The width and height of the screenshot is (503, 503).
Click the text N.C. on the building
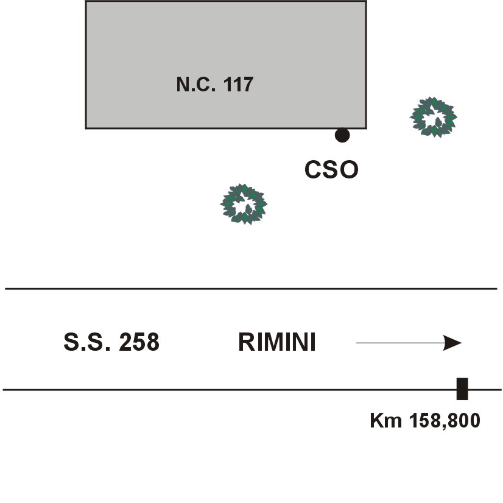pyautogui.click(x=194, y=84)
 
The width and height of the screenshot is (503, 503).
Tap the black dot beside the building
pyautogui.click(x=342, y=135)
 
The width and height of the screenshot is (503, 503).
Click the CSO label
pyautogui.click(x=331, y=171)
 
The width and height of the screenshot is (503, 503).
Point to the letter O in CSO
pyautogui.click(x=348, y=171)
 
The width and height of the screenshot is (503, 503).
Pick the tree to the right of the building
pyautogui.click(x=434, y=117)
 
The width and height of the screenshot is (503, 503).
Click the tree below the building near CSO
pyautogui.click(x=244, y=204)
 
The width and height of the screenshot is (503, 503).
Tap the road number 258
pyautogui.click(x=139, y=343)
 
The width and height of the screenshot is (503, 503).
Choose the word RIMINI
pyautogui.click(x=277, y=343)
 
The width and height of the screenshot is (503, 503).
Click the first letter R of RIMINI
pyautogui.click(x=245, y=343)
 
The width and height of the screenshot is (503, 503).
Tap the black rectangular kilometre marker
pyautogui.click(x=462, y=389)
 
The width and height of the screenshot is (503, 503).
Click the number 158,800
pyautogui.click(x=445, y=421)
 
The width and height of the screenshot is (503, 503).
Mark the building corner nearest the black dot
pyautogui.click(x=365, y=128)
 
